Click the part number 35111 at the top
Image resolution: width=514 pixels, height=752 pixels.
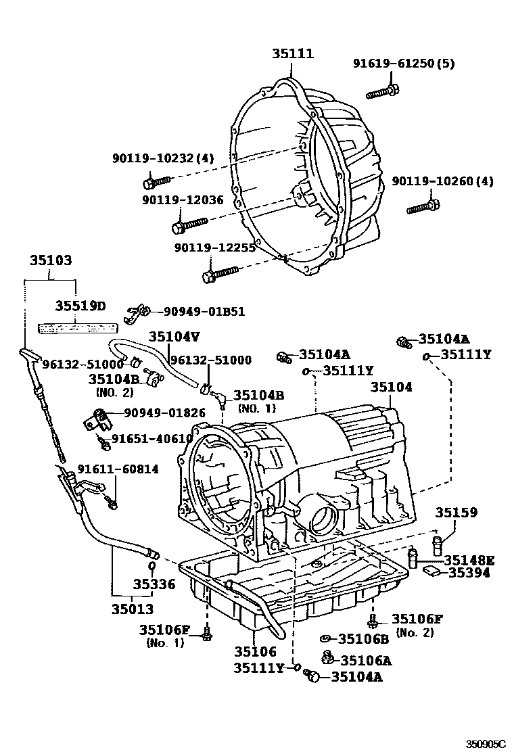point(293,53)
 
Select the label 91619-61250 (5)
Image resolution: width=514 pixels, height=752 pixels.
point(403,64)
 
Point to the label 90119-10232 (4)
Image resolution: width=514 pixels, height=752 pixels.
point(162,158)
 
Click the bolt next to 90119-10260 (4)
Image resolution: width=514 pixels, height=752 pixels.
point(424,206)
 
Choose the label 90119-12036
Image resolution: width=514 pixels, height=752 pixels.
point(183,200)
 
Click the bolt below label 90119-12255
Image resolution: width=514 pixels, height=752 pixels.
point(220,274)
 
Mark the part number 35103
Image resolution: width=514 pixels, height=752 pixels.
point(51,260)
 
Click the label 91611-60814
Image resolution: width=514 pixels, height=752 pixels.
point(118,469)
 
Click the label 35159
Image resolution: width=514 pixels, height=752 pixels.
point(456,513)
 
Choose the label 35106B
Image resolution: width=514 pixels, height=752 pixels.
point(363,638)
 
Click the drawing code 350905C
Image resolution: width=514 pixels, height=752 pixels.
point(486,743)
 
